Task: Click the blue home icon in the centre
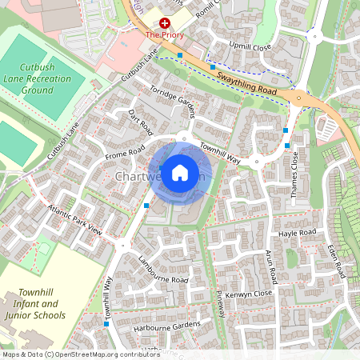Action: [x=180, y=172]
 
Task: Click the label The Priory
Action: [x=165, y=35]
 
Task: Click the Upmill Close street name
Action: [x=250, y=47]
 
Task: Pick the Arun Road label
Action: [x=272, y=267]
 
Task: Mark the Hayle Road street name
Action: [x=297, y=232]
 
